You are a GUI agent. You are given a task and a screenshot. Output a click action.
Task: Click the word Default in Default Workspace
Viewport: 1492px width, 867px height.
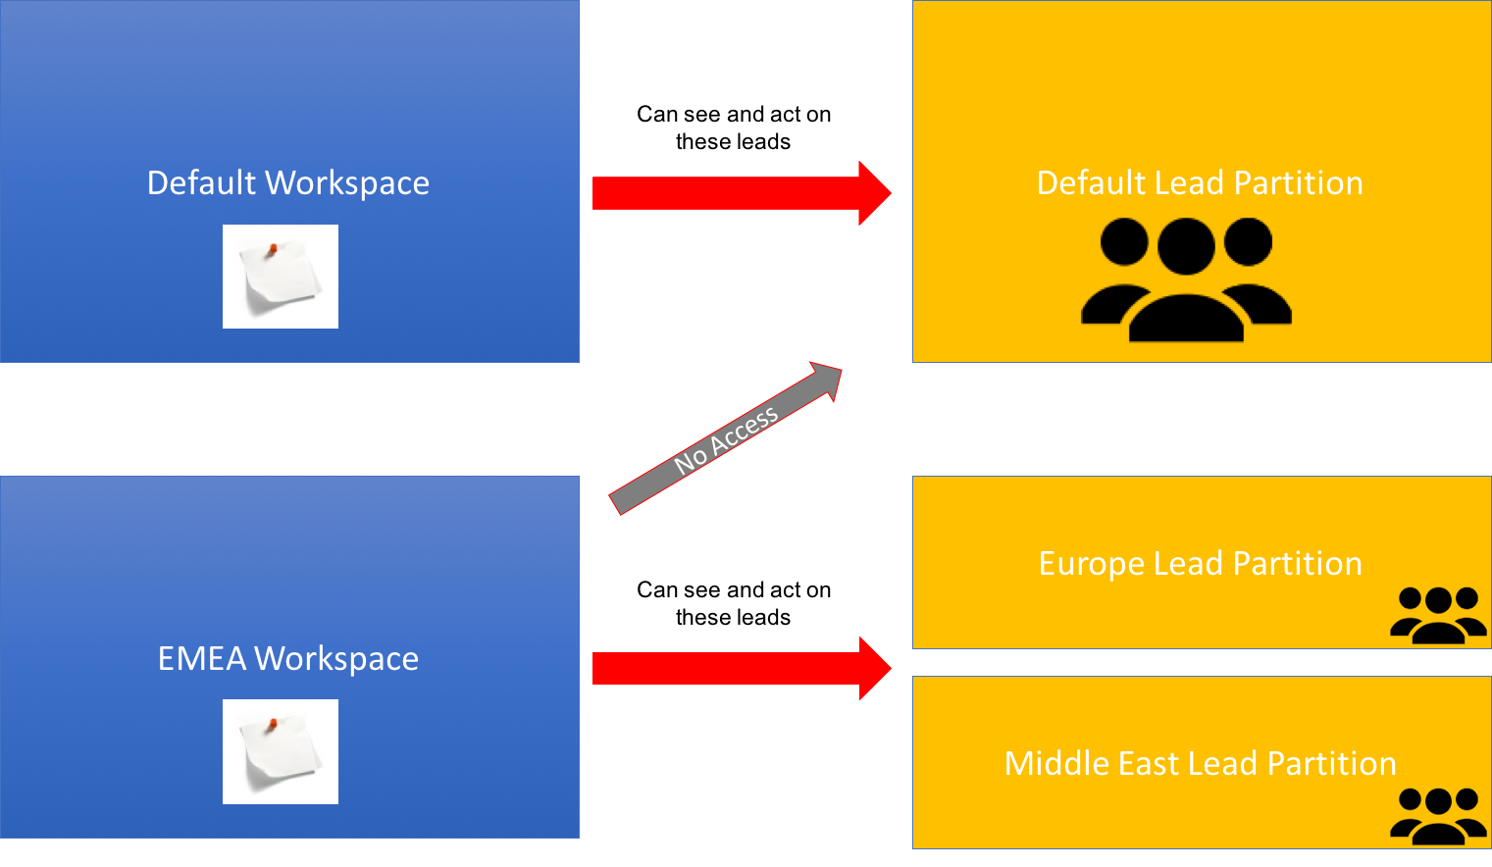[202, 183]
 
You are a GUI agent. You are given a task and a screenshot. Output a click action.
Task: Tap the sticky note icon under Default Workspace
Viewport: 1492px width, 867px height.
[281, 277]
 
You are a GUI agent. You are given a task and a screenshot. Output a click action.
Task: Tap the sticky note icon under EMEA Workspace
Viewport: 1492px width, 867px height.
[281, 751]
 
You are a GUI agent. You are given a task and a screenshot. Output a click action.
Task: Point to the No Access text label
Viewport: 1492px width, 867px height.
[726, 439]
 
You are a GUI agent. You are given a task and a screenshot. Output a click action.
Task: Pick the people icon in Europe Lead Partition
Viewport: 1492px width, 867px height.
[1438, 615]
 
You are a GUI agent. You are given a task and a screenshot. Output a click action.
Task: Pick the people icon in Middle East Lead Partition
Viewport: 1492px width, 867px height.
[1438, 816]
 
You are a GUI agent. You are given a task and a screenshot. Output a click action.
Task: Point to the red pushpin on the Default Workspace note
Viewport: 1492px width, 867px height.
[274, 248]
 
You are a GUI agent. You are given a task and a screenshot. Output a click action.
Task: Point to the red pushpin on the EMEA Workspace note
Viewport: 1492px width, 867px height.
[274, 724]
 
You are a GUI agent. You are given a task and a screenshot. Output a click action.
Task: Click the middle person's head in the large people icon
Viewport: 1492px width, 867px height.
[1186, 245]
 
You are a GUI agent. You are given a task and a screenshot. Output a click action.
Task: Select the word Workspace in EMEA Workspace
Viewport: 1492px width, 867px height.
[336, 659]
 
